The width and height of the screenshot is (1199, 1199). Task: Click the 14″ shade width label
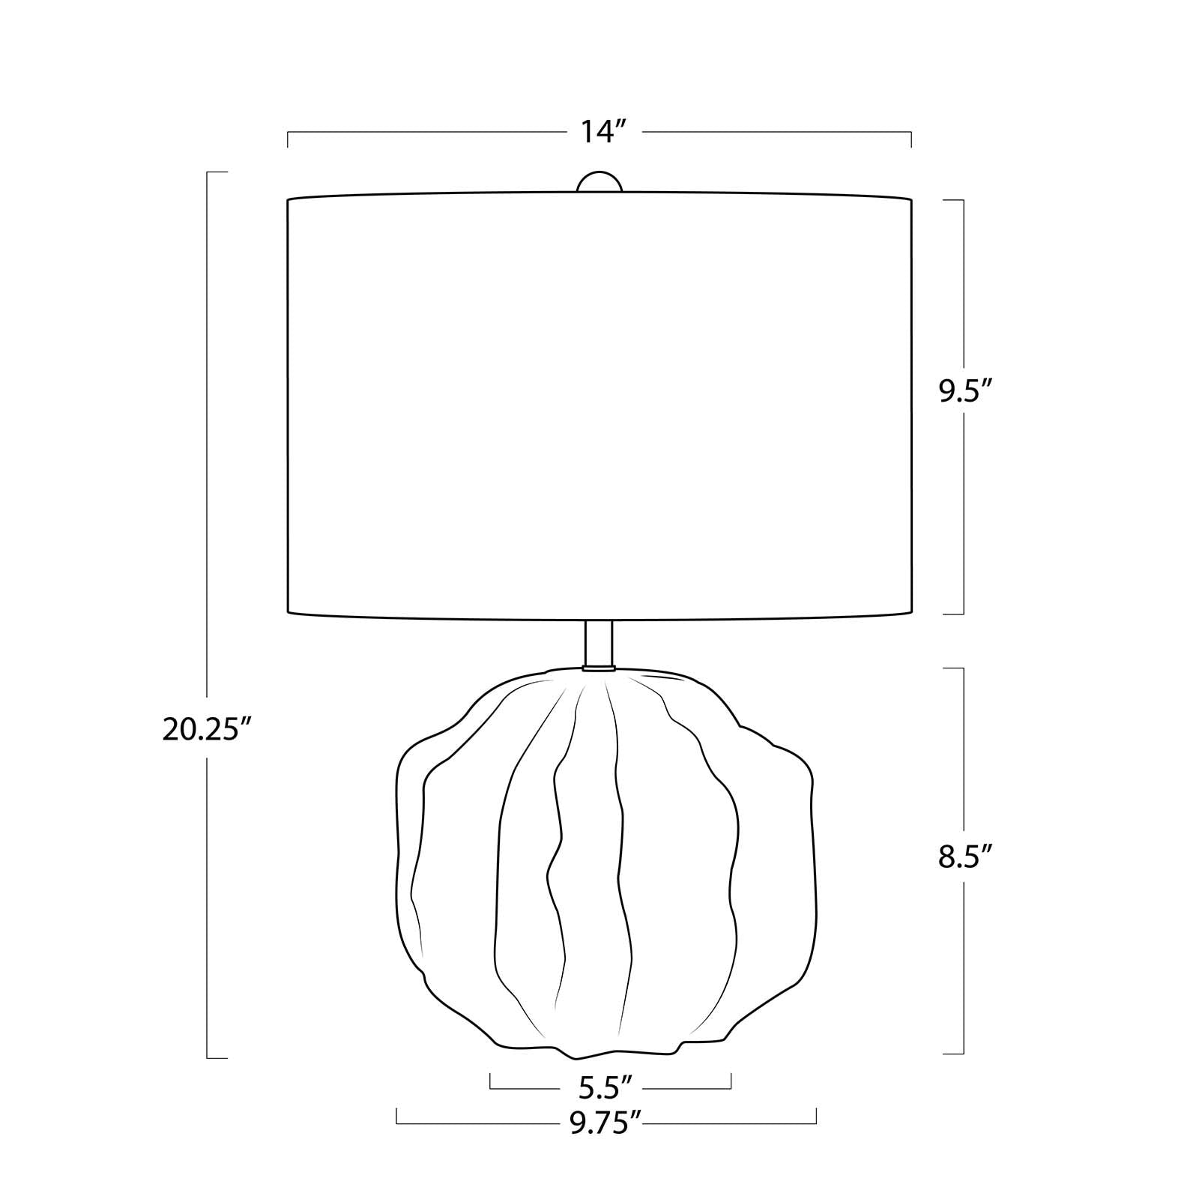point(603,133)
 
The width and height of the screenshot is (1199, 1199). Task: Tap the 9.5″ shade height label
point(965,392)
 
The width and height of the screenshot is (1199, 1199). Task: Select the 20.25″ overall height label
point(206,729)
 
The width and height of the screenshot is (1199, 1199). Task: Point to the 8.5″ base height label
point(965,856)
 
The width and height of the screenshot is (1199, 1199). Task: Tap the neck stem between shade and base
point(599,642)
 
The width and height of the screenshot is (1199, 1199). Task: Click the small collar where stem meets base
point(599,667)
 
